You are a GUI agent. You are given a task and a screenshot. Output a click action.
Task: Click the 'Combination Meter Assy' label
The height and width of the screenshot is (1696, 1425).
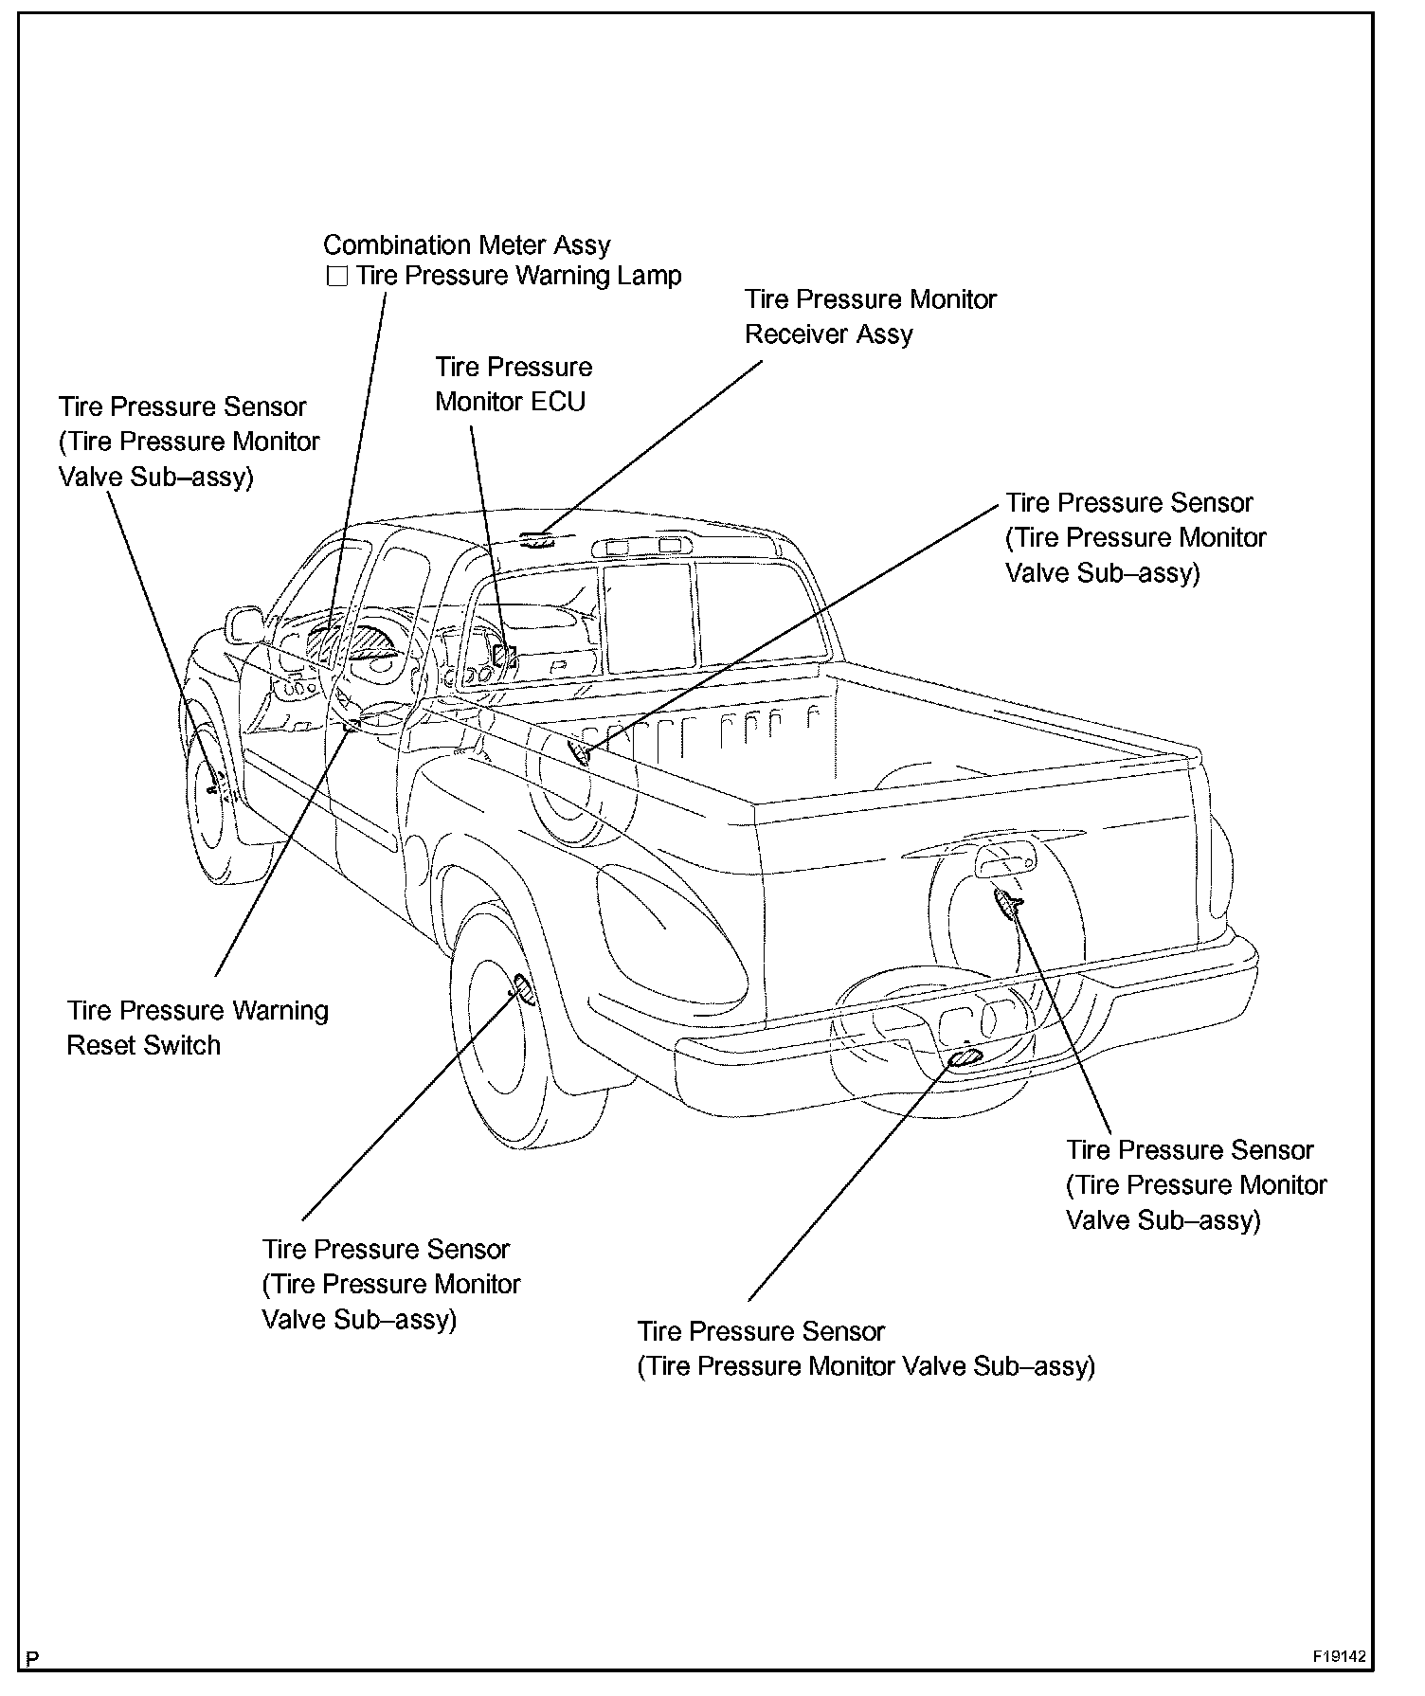coord(466,244)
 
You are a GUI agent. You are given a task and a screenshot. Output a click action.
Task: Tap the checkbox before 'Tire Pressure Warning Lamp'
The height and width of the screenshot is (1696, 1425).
coord(336,277)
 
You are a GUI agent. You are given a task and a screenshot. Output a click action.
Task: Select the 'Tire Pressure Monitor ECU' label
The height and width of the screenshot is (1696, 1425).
coord(513,384)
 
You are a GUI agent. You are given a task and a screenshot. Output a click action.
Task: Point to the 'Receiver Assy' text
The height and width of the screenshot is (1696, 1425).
coord(828,334)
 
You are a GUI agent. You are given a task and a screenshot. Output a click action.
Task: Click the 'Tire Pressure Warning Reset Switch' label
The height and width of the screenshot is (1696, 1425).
coord(197,1028)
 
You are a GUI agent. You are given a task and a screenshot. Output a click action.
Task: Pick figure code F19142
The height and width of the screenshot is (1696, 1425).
coord(1339,1656)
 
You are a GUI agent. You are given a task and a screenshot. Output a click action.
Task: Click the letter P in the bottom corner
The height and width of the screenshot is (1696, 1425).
coord(33,1658)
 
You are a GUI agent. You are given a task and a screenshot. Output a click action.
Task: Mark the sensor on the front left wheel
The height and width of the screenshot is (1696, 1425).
coord(215,783)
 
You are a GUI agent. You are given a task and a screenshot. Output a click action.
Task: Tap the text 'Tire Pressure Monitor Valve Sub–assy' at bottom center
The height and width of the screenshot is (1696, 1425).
coord(865,1366)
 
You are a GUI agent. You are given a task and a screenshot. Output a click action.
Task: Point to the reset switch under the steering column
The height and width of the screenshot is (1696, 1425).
coord(352,725)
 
